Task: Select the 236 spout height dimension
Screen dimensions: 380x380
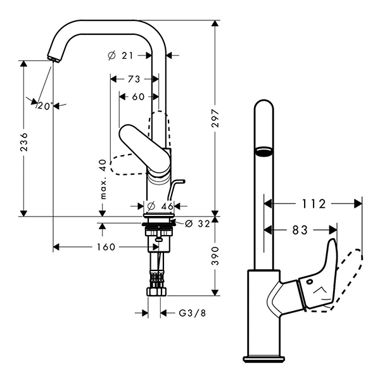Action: click(x=24, y=142)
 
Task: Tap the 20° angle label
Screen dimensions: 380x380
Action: click(x=45, y=106)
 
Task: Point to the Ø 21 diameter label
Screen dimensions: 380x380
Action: click(x=120, y=56)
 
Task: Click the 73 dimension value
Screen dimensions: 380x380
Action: click(x=134, y=79)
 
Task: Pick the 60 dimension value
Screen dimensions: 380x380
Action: click(x=138, y=97)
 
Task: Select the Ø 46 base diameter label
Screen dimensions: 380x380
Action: click(x=160, y=206)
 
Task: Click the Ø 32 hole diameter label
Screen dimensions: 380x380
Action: click(x=198, y=224)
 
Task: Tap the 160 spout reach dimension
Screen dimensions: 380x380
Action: click(x=106, y=247)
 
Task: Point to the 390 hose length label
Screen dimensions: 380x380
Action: click(x=215, y=256)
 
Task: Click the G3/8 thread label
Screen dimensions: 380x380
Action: click(x=192, y=313)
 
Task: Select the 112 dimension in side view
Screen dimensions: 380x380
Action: click(x=313, y=204)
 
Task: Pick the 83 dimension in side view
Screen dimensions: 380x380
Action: click(x=300, y=230)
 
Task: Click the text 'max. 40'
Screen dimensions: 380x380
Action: click(x=103, y=179)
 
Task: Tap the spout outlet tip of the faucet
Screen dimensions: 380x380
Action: click(x=54, y=59)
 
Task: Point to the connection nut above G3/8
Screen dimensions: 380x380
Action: click(x=156, y=291)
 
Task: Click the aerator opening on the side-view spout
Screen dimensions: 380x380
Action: click(x=263, y=152)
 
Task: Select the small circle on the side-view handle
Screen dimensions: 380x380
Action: click(x=310, y=282)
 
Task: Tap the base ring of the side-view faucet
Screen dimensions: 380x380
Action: click(x=263, y=359)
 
